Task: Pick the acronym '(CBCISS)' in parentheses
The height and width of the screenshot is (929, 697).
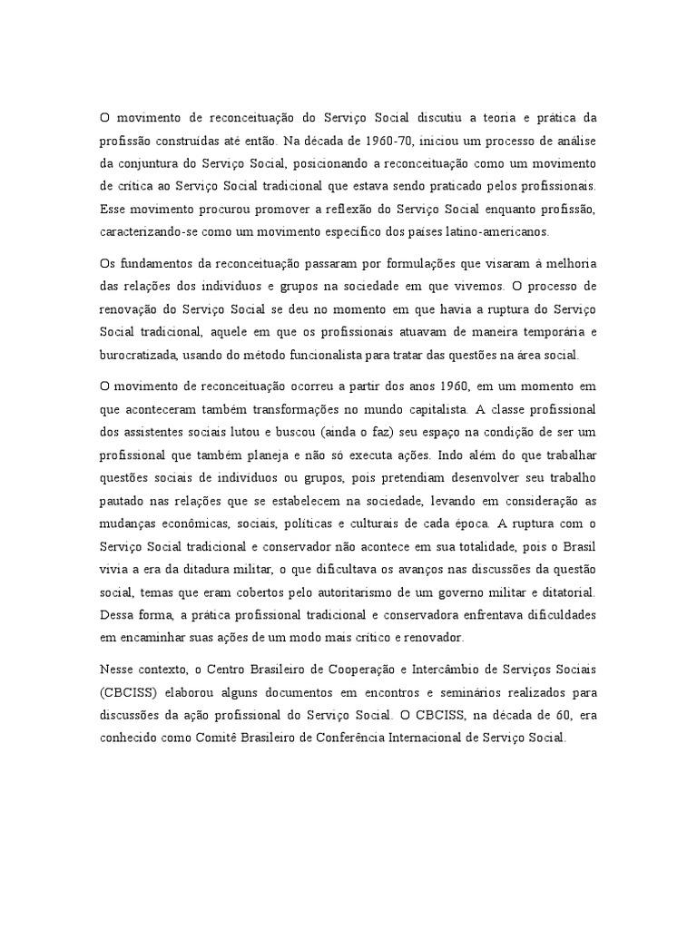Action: point(128,692)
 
